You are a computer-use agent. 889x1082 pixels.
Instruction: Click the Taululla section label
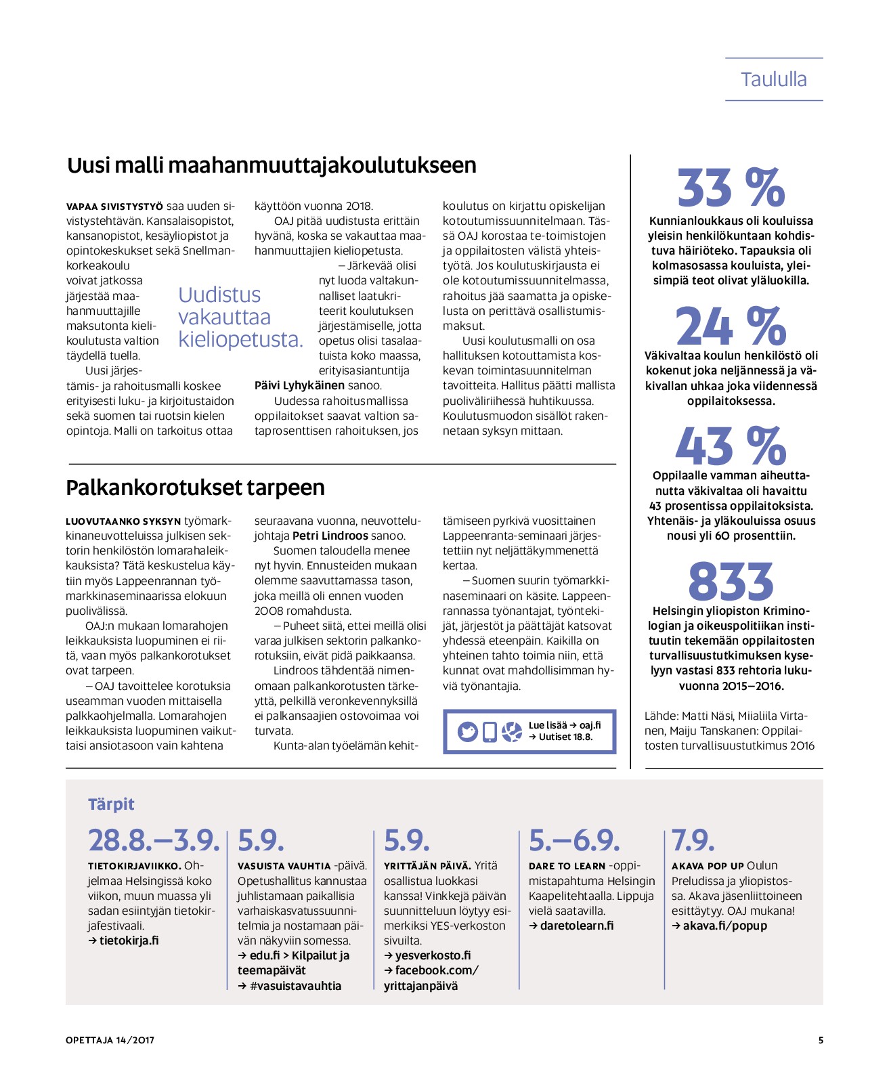[773, 79]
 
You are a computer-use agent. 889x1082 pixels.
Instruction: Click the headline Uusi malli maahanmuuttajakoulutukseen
[272, 165]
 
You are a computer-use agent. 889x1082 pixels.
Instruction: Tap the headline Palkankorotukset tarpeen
[195, 488]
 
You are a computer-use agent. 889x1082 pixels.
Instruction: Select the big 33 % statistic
[731, 188]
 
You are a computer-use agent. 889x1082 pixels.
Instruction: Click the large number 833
[731, 581]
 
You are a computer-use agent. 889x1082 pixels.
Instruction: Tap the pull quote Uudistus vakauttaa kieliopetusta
[240, 317]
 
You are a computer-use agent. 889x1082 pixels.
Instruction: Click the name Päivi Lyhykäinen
[299, 385]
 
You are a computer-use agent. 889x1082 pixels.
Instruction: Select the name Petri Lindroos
[330, 536]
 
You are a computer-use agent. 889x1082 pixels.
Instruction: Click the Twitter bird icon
[467, 731]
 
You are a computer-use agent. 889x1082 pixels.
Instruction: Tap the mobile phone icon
[490, 731]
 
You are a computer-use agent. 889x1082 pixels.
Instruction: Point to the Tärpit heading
[111, 804]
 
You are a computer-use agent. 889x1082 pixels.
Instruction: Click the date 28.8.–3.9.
[154, 840]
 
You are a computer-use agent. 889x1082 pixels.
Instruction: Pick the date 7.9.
[693, 840]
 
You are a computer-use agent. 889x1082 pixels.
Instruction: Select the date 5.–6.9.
[574, 840]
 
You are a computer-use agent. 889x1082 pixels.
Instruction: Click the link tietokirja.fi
[129, 940]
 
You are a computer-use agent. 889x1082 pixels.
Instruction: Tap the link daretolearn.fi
[576, 926]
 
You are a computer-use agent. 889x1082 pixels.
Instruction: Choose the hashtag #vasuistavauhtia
[295, 986]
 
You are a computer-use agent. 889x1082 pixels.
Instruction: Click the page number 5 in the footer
[821, 1040]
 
